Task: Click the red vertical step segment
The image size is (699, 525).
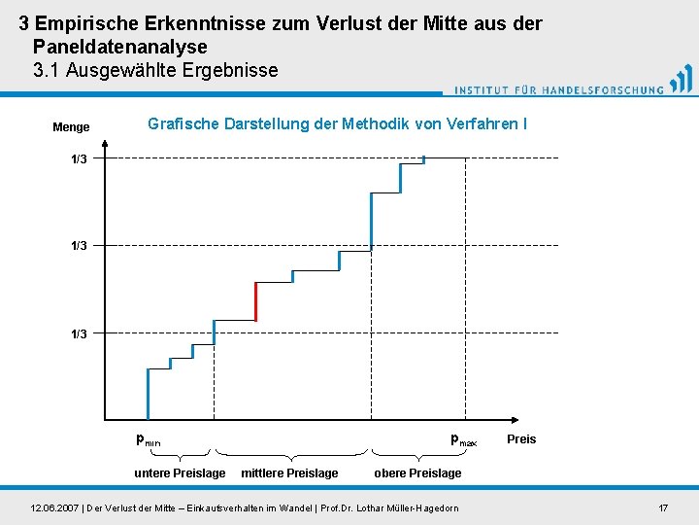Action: (x=255, y=301)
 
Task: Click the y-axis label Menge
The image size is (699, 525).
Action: (x=71, y=127)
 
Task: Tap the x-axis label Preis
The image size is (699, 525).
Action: (x=521, y=439)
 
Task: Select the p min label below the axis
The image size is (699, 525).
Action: (x=148, y=439)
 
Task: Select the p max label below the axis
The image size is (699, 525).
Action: (x=463, y=439)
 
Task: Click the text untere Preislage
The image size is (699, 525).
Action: (x=180, y=473)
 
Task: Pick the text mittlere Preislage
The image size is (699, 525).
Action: (x=289, y=473)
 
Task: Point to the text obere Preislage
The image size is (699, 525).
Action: (x=417, y=473)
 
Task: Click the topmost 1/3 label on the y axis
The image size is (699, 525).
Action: (x=79, y=158)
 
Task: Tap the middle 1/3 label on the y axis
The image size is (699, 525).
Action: (x=79, y=246)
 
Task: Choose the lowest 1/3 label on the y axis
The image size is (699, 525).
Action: (x=79, y=333)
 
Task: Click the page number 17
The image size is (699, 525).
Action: (x=663, y=508)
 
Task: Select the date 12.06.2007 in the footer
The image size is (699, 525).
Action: (x=55, y=508)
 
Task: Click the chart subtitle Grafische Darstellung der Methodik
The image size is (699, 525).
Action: (x=337, y=124)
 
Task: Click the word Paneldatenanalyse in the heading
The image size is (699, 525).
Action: (x=119, y=46)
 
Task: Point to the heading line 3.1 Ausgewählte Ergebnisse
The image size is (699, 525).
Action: (x=155, y=70)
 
